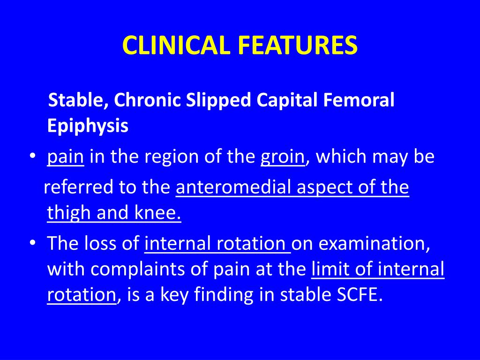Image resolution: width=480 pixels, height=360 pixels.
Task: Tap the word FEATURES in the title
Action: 298,45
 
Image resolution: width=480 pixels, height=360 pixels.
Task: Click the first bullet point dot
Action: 32,158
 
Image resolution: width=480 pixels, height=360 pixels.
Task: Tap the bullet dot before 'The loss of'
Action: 32,244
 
